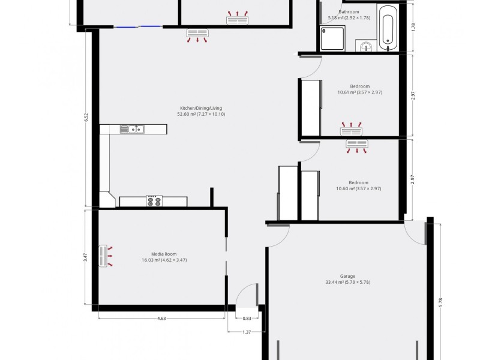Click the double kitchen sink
[132, 129]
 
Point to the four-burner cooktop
[154, 201]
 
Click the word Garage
[347, 276]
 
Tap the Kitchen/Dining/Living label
[192, 108]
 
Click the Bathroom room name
[349, 12]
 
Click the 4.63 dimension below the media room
[161, 319]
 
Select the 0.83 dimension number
[247, 319]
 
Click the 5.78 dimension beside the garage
[441, 304]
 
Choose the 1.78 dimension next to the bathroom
[413, 27]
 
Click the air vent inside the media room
[103, 256]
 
